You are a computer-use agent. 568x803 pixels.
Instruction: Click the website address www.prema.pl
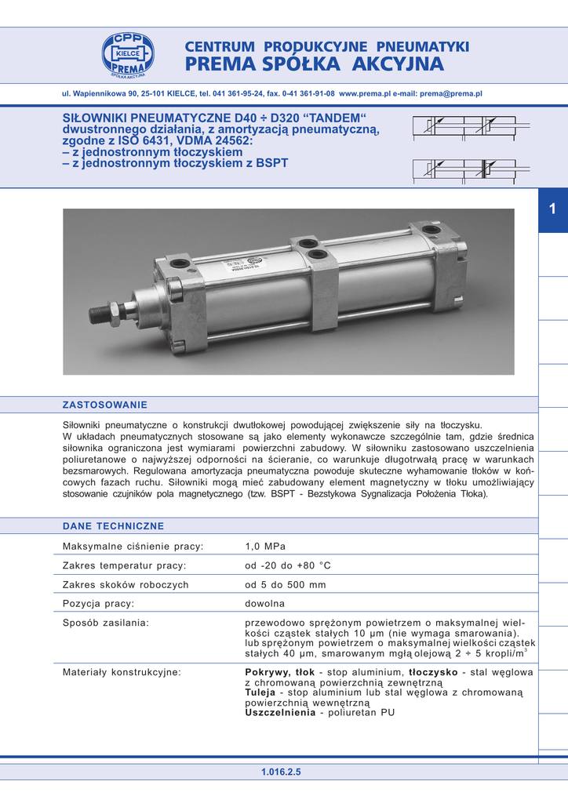click(x=364, y=93)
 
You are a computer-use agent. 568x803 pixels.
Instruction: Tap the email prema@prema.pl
click(x=451, y=93)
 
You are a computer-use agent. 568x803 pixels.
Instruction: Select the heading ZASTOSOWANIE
click(x=104, y=405)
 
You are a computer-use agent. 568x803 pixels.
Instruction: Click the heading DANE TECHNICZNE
click(x=113, y=526)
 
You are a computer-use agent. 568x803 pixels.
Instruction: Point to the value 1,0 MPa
click(x=264, y=547)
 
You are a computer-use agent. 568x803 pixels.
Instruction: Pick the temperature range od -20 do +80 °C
click(x=288, y=565)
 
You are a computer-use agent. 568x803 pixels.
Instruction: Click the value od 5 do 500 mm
click(x=285, y=585)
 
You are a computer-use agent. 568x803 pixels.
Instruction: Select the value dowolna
click(x=264, y=604)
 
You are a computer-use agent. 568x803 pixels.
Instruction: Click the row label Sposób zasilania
click(x=106, y=623)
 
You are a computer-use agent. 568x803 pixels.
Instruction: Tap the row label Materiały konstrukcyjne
click(x=122, y=673)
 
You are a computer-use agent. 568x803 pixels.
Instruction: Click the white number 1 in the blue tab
click(x=552, y=209)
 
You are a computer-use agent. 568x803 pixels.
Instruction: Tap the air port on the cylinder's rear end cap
click(x=431, y=230)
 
